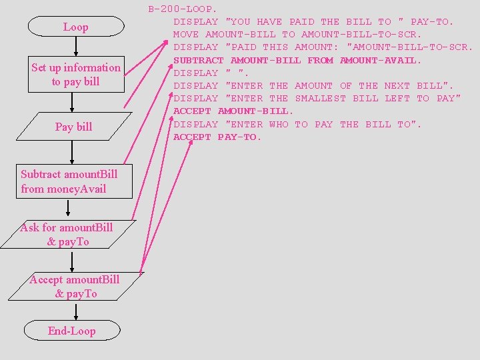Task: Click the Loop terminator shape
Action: point(75,27)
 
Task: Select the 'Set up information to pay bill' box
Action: point(76,74)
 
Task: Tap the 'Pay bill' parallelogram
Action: point(73,127)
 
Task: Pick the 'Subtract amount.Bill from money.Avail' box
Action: point(69,181)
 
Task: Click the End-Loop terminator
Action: point(72,331)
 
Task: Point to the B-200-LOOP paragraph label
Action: point(182,9)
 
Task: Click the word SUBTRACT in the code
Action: point(198,60)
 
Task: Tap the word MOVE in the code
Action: point(186,34)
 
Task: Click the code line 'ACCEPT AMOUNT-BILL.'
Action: point(233,111)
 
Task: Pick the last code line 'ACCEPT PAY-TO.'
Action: point(217,137)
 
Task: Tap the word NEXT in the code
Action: point(397,85)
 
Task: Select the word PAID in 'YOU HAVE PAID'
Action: point(301,21)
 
